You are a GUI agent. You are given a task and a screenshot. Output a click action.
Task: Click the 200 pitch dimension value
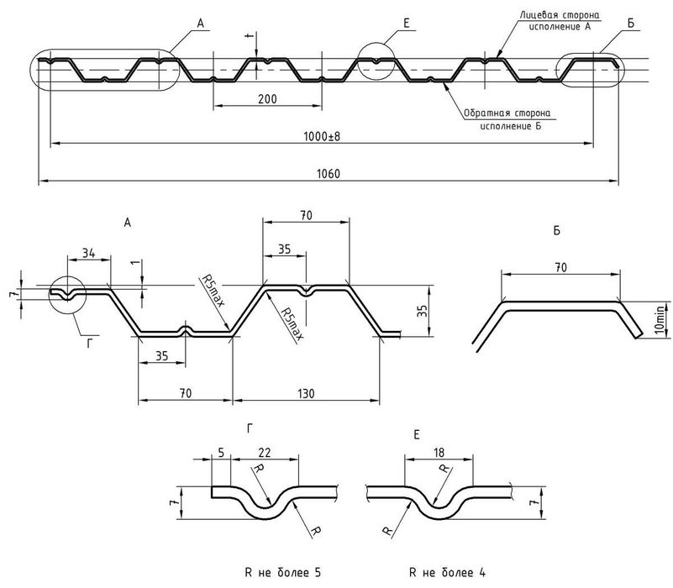point(266,99)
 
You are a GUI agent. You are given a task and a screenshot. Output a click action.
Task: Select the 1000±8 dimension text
point(323,136)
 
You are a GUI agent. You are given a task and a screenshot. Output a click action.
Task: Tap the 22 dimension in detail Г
point(266,452)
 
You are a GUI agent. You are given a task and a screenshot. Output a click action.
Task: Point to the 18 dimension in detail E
point(439,452)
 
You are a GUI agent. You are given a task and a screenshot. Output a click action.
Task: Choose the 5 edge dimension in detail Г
point(221,452)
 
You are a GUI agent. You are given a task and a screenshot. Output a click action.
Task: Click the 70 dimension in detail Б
point(560,267)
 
